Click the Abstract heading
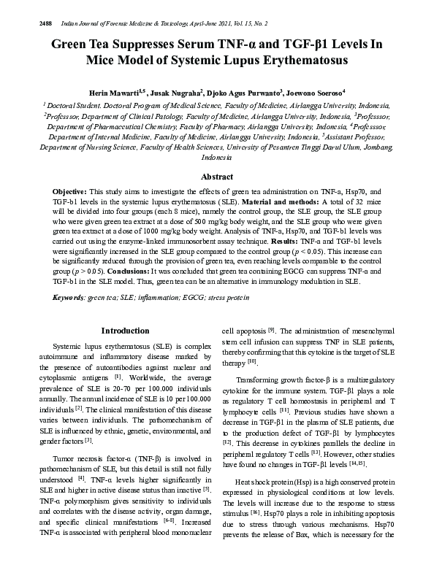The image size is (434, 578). coord(217,177)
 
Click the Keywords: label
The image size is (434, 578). coord(69,298)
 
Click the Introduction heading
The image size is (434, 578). coord(125,331)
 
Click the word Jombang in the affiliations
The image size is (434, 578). coord(376,146)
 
